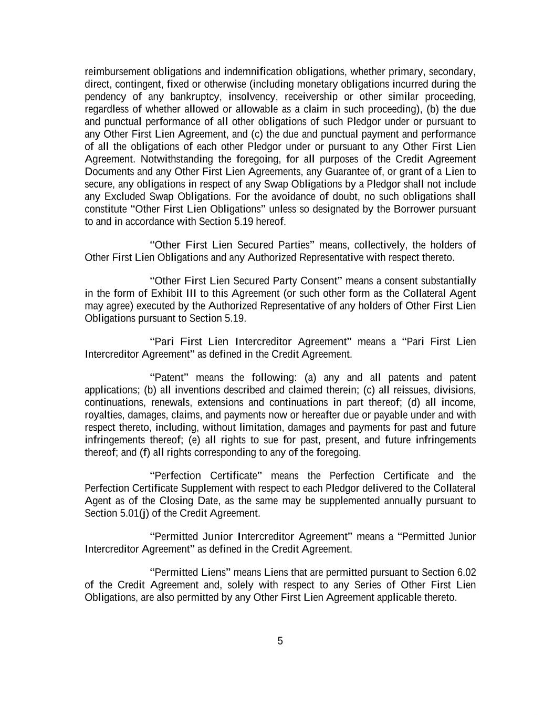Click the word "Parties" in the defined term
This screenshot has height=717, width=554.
click(296, 245)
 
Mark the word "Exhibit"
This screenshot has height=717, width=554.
click(165, 293)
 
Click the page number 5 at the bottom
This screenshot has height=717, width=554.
click(280, 641)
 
